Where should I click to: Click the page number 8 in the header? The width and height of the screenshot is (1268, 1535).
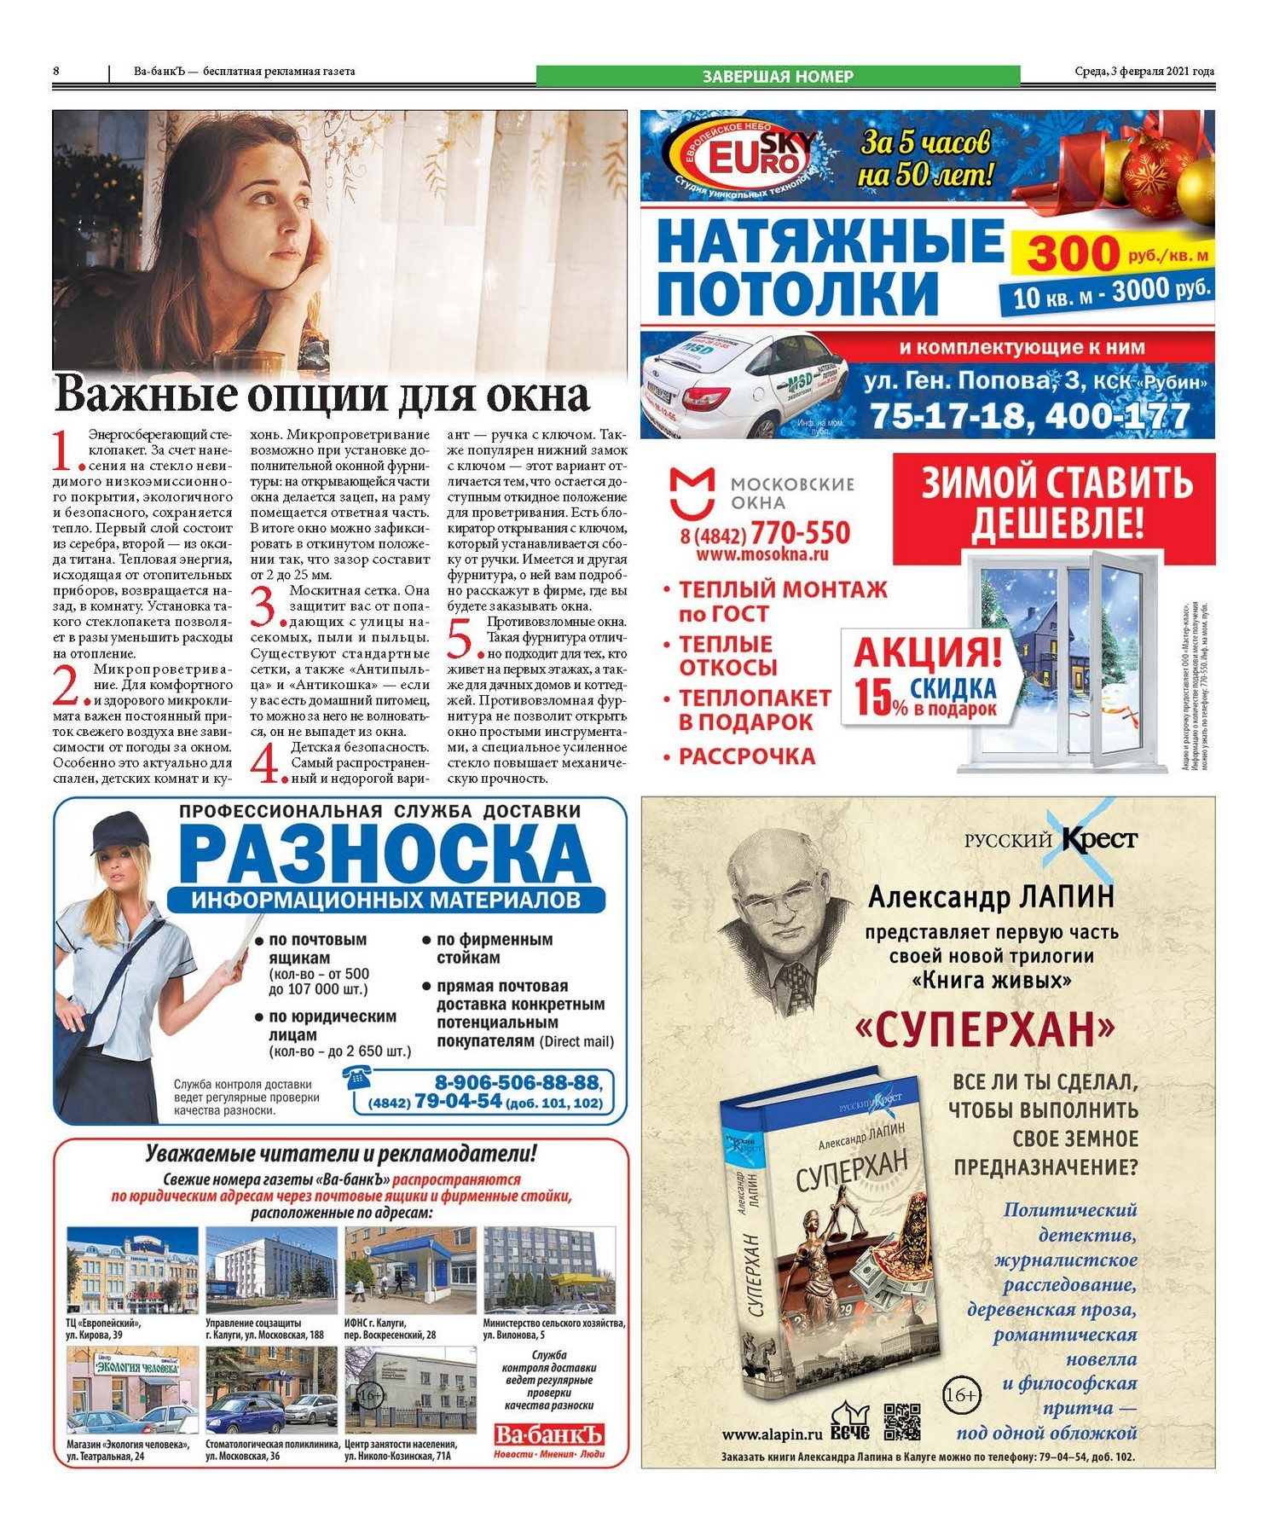pyautogui.click(x=56, y=72)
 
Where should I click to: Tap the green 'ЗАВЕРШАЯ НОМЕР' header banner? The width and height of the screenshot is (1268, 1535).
pyautogui.click(x=777, y=76)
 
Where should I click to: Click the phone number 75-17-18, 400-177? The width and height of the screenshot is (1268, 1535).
pyautogui.click(x=1029, y=416)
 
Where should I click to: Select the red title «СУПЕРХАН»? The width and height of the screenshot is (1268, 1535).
pyautogui.click(x=985, y=1030)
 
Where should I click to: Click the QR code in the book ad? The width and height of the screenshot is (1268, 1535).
pyautogui.click(x=901, y=1421)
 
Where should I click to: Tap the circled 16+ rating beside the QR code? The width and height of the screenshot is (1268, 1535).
pyautogui.click(x=961, y=1395)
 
